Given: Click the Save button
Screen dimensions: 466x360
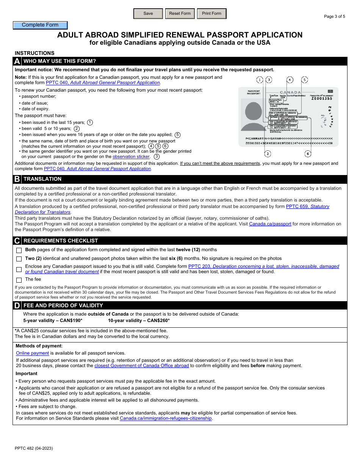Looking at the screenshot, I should tap(148, 14).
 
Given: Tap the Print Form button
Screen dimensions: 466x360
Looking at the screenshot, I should tap(211, 14).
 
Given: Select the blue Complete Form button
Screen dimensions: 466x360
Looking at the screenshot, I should tap(40, 25).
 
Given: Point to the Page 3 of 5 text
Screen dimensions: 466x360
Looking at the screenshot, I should tap(334, 16).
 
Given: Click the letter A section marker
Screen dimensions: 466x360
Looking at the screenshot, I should tap(17, 61).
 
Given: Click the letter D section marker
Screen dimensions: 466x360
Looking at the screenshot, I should tap(17, 305).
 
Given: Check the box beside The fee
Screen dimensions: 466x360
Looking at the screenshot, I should tap(19, 280).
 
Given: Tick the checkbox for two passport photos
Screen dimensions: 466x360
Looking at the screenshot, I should tap(19, 259).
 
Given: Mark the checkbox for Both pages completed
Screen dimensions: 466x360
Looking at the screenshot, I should tap(19, 250).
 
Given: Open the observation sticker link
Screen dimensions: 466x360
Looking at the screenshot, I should tap(131, 156).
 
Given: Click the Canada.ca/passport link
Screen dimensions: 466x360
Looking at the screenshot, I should tap(270, 224).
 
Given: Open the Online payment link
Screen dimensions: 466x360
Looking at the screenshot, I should tap(33, 353).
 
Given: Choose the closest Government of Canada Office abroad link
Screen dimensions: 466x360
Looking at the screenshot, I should tap(141, 366).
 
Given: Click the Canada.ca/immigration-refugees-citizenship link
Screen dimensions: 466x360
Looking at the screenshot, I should tap(166, 418).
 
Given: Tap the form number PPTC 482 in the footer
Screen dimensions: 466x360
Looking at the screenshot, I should tap(34, 448).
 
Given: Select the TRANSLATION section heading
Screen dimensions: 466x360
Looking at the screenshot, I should tap(42, 179).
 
